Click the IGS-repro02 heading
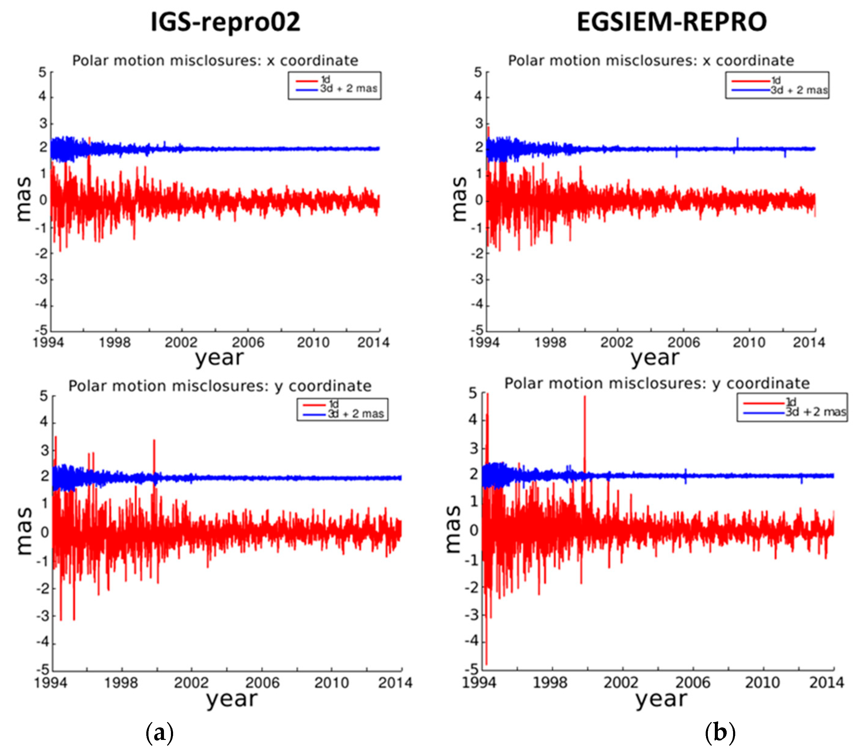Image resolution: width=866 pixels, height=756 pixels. pyautogui.click(x=225, y=22)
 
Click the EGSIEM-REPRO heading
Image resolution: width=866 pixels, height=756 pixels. pyautogui.click(x=671, y=22)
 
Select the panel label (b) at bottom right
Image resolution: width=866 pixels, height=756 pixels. pyautogui.click(x=720, y=733)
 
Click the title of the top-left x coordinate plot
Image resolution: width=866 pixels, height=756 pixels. pyautogui.click(x=215, y=61)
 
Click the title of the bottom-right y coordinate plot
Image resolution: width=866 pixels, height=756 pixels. pyautogui.click(x=657, y=383)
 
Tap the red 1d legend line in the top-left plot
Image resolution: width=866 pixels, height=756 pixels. pyautogui.click(x=307, y=80)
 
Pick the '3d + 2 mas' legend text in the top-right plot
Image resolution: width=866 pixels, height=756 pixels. pyautogui.click(x=799, y=90)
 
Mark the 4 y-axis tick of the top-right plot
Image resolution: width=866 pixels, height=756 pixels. pyautogui.click(x=478, y=97)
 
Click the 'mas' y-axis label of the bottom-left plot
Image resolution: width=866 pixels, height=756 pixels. pyautogui.click(x=25, y=531)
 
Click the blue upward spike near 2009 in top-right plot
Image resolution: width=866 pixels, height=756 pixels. pyautogui.click(x=737, y=142)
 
